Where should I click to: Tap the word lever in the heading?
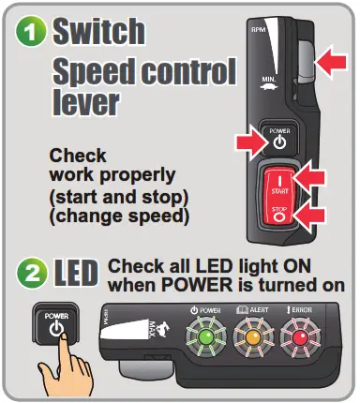tap(84, 101)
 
